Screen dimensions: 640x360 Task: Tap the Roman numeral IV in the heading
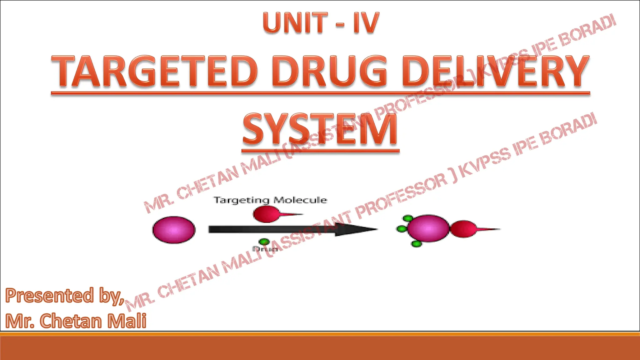[x=366, y=23]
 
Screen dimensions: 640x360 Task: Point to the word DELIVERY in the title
[x=495, y=71]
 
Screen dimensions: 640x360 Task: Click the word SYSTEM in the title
[x=320, y=129]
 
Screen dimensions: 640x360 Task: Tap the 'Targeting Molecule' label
[x=270, y=200]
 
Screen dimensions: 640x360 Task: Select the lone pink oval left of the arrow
[x=174, y=230]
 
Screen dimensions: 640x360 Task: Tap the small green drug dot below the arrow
[x=264, y=242]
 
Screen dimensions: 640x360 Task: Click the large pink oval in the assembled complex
[x=428, y=228]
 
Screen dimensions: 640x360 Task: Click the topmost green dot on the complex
[x=408, y=218]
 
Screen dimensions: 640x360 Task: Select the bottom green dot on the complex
[x=416, y=244]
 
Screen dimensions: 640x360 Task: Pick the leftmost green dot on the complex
[x=401, y=229]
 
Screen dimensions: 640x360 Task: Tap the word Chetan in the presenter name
[x=71, y=321]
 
